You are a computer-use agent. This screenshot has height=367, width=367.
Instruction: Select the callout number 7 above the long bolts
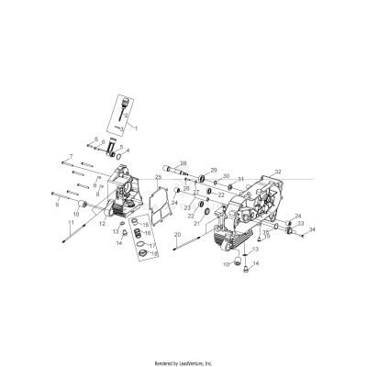coord(71,158)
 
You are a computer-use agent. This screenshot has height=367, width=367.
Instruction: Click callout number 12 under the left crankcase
coord(102,223)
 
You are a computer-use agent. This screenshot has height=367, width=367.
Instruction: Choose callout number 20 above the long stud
coord(176,236)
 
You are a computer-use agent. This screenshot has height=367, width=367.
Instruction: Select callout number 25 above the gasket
coord(158,177)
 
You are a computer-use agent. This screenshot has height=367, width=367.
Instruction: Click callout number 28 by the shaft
coord(183,162)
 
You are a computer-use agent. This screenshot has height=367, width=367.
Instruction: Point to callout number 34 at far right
coord(312,229)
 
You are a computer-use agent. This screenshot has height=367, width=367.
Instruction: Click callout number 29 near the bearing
coord(214,170)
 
